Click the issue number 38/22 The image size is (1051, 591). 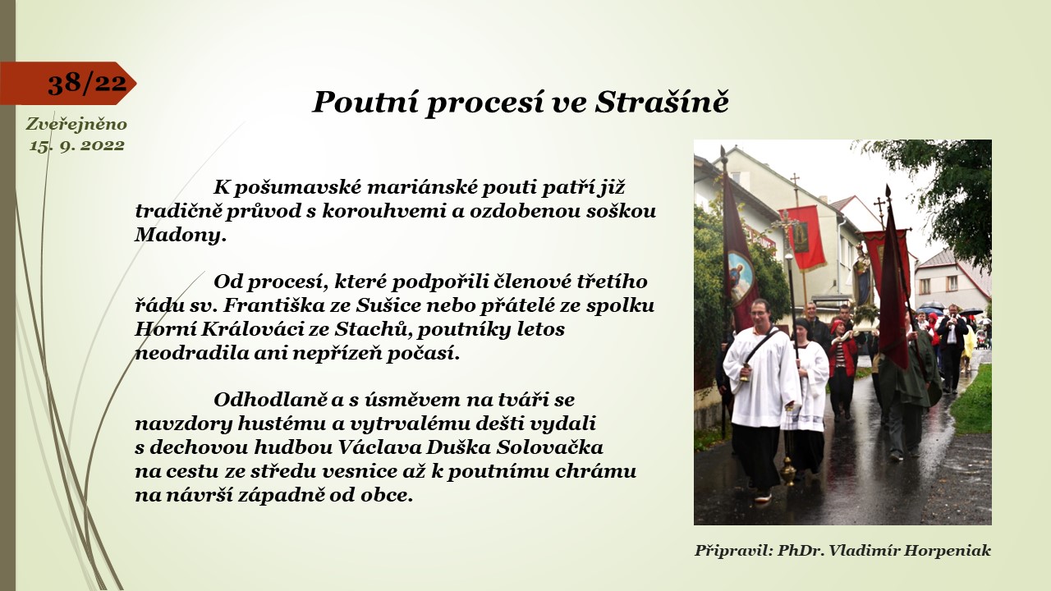click(x=87, y=83)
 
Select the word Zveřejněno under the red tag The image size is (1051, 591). click(x=76, y=124)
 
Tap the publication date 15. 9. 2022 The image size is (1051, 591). click(x=77, y=145)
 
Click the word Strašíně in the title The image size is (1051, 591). click(x=662, y=102)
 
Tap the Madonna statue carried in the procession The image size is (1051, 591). click(x=862, y=273)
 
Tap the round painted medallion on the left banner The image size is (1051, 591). click(x=740, y=277)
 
